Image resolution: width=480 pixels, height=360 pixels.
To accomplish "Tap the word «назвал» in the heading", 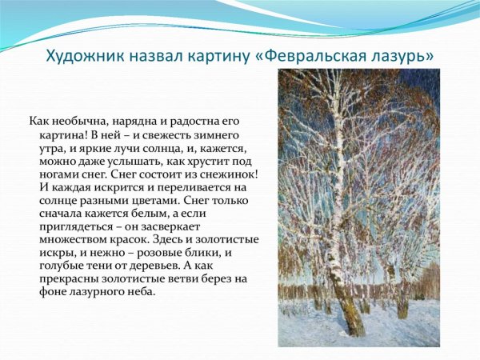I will (148, 57).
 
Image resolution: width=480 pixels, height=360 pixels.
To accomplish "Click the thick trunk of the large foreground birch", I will (342, 296).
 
